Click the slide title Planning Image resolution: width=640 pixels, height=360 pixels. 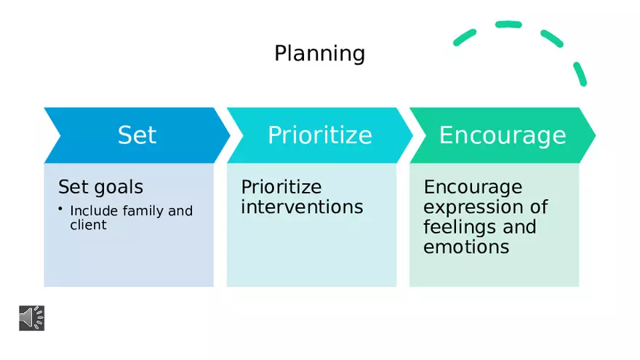point(319,54)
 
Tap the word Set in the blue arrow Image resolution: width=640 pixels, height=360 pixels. point(137,135)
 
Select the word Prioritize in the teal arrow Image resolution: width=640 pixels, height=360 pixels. point(320,135)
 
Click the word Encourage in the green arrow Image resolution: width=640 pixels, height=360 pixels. point(503,135)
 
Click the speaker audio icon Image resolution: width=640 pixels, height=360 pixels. point(32,318)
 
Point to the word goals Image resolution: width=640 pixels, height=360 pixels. point(119,188)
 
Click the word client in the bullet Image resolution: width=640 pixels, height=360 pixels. point(88,225)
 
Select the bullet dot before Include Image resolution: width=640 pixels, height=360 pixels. point(60,209)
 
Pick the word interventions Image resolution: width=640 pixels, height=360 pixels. point(302,207)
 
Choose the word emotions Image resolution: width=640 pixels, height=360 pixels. point(466,247)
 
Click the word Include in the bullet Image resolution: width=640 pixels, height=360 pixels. point(94,211)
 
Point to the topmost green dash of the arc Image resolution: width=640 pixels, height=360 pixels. point(508,25)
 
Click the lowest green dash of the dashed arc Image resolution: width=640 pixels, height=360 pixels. point(580,74)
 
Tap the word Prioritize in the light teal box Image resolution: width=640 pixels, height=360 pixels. point(281,187)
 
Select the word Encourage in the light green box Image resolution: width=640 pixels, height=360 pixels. point(473,188)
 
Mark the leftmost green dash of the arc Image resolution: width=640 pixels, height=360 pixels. point(465,38)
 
